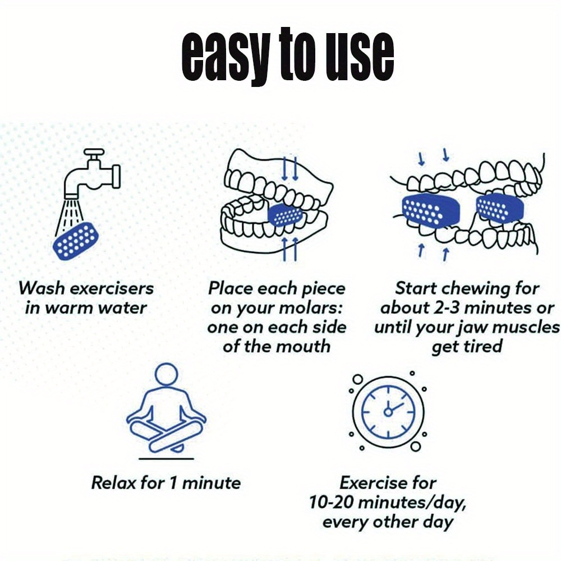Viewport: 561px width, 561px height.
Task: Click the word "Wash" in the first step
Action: tap(42, 288)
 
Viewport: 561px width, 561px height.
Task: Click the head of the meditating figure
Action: tap(167, 374)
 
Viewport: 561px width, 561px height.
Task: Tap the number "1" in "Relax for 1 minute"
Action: tap(173, 483)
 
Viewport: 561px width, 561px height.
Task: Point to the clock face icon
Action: tap(388, 412)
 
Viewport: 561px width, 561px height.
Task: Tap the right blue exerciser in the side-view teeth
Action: tap(499, 208)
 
